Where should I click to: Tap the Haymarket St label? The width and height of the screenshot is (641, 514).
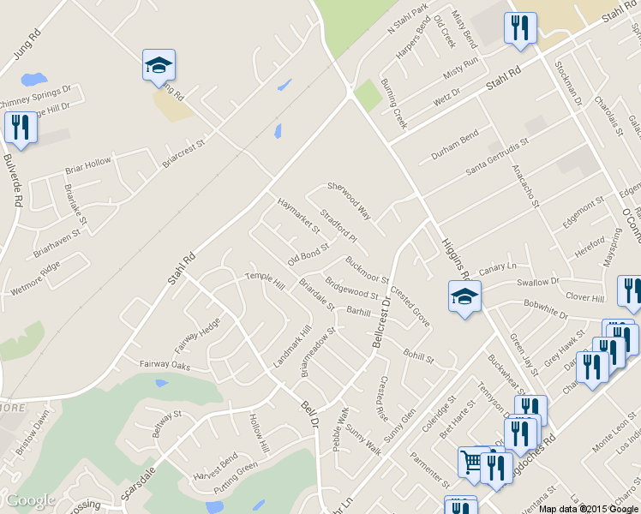(x=297, y=216)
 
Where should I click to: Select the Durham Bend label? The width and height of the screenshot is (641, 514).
(x=454, y=143)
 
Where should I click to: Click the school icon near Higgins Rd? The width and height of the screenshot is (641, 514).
(x=464, y=296)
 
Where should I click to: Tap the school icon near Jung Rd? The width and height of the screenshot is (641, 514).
(x=159, y=65)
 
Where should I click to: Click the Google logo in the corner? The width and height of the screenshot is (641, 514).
(x=30, y=500)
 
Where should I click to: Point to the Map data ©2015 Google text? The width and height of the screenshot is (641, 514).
(x=589, y=509)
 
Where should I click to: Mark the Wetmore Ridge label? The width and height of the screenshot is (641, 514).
(x=35, y=278)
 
